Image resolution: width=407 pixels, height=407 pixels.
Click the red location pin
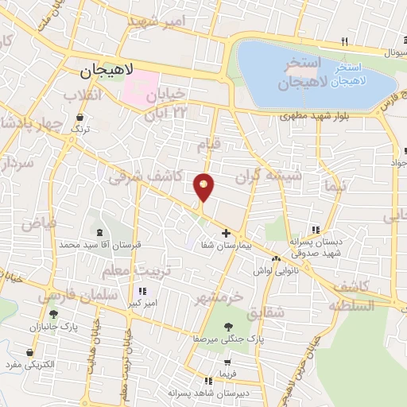[204, 187]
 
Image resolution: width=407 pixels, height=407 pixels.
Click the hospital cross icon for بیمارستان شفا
[227, 234]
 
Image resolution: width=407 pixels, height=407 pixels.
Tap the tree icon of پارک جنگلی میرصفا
[229, 326]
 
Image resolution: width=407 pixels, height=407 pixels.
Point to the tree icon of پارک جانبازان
[53, 313]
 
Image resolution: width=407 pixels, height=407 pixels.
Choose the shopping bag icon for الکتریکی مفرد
[30, 352]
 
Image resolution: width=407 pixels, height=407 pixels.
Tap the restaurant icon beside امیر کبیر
[143, 291]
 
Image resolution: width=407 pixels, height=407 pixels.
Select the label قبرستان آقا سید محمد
[99, 245]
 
